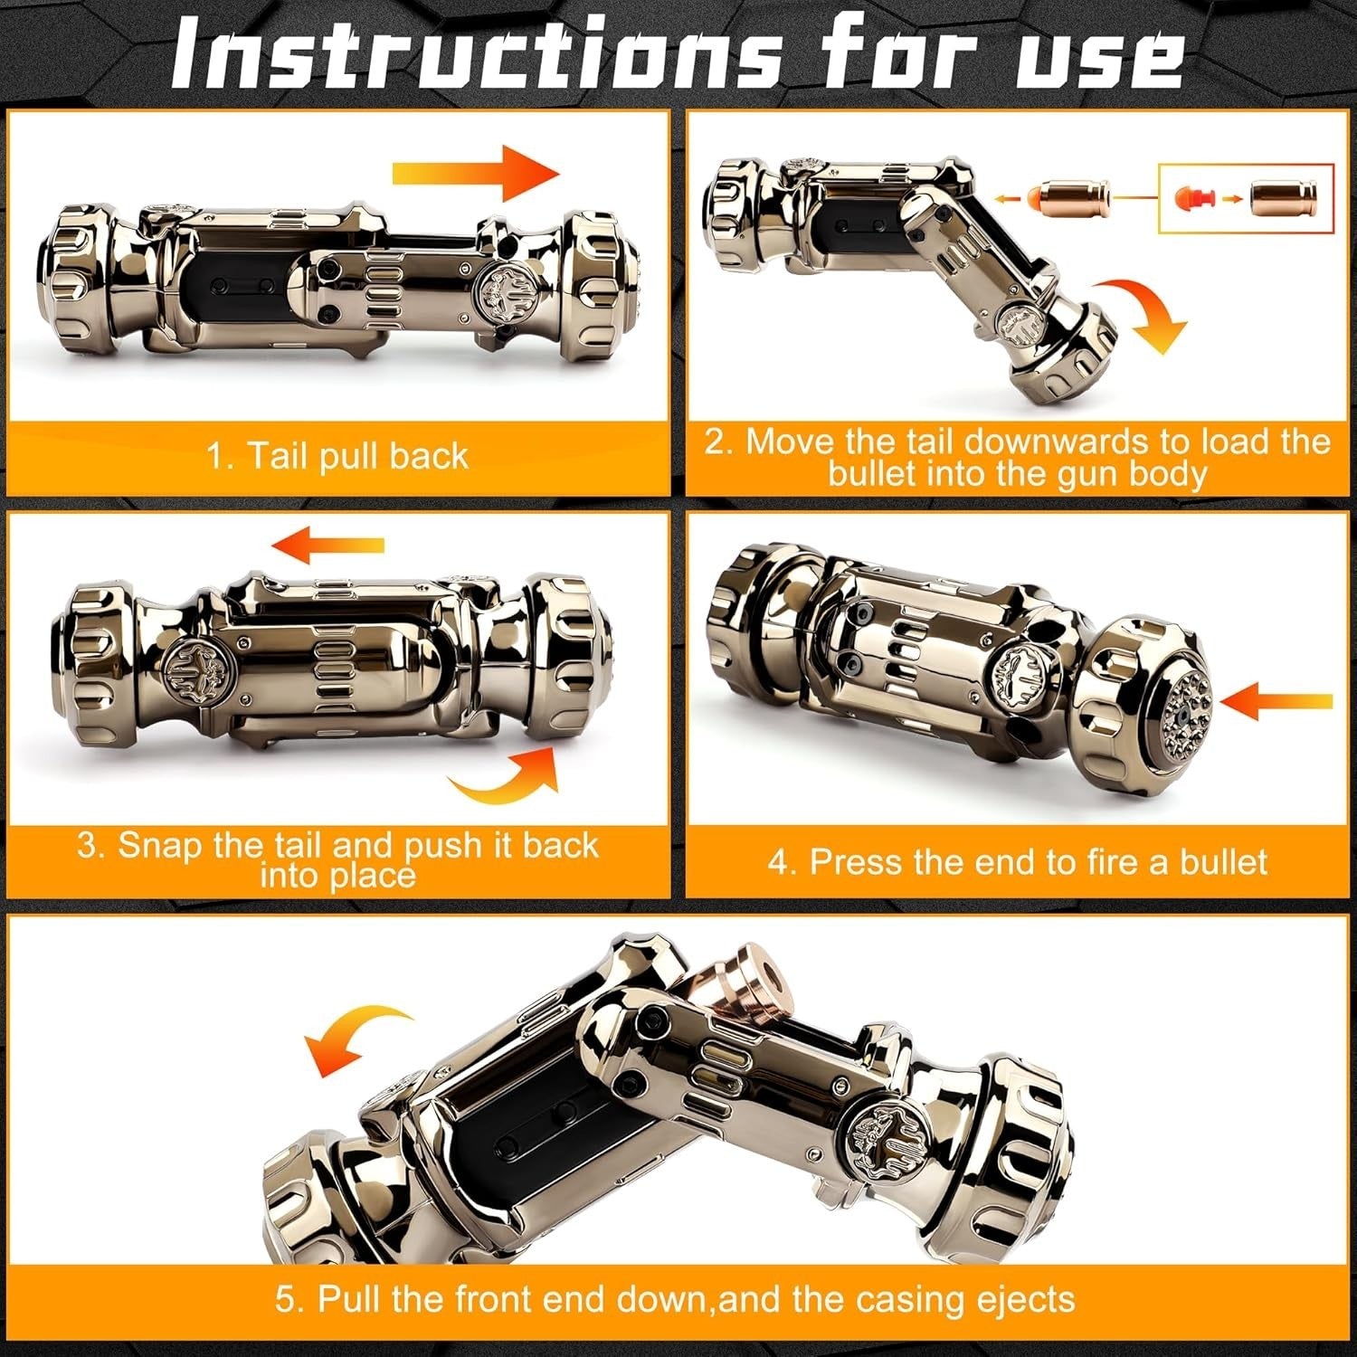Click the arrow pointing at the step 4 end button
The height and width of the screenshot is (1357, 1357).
point(1276,700)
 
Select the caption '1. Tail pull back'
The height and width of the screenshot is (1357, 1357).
point(337,455)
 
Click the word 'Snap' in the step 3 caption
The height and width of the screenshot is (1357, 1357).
point(162,845)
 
